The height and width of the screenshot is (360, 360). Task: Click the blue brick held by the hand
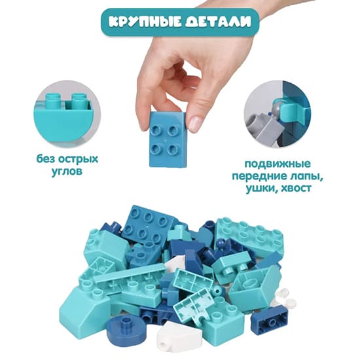[x=168, y=139]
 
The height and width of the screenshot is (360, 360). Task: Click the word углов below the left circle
[x=67, y=171]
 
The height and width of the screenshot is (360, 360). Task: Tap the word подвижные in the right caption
[x=278, y=164]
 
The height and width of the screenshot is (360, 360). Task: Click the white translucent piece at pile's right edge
[x=282, y=299]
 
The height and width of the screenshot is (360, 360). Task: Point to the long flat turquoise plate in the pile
[x=129, y=273]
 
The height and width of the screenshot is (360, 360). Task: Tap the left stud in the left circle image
[x=53, y=101]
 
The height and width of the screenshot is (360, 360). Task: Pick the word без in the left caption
[x=46, y=159]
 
